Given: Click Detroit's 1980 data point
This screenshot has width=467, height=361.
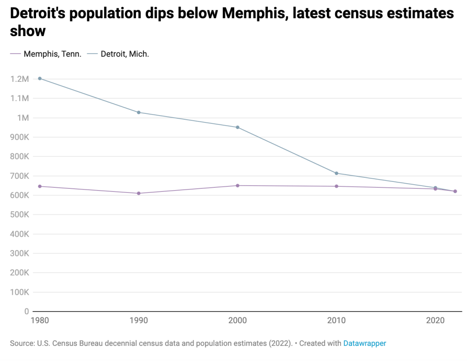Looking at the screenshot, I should [x=40, y=79].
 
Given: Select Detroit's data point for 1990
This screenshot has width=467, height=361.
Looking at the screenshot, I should [x=139, y=112].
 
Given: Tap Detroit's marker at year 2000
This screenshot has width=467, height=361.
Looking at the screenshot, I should [x=237, y=127].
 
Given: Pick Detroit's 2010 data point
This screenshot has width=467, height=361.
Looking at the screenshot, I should [x=336, y=173].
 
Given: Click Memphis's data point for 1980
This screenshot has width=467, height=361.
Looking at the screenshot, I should [x=40, y=186].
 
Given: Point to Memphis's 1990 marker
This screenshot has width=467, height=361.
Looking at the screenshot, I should [x=139, y=193].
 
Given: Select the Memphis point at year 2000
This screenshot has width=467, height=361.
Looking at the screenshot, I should [x=237, y=186].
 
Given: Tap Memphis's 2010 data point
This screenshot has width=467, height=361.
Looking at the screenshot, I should [x=336, y=186].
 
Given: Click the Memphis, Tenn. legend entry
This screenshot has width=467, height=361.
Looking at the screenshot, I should [x=52, y=54].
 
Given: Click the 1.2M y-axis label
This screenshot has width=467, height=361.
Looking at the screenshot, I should [x=20, y=79].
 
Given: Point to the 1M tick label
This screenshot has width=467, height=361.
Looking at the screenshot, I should [x=23, y=118].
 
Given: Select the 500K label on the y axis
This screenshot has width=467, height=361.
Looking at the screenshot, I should [x=20, y=215].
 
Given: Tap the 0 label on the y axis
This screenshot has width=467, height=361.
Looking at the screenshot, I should [x=27, y=312].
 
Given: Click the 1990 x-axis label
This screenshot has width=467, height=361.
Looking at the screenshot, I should [x=139, y=321].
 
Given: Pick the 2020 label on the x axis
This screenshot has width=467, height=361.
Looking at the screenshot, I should [x=435, y=321].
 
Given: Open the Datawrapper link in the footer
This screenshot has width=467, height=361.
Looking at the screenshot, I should [x=364, y=343].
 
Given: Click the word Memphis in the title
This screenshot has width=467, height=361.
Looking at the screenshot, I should [x=253, y=13].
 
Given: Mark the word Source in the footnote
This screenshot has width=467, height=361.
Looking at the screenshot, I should [x=21, y=343].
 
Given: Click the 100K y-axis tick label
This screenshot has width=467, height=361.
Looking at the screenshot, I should [x=20, y=292].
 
